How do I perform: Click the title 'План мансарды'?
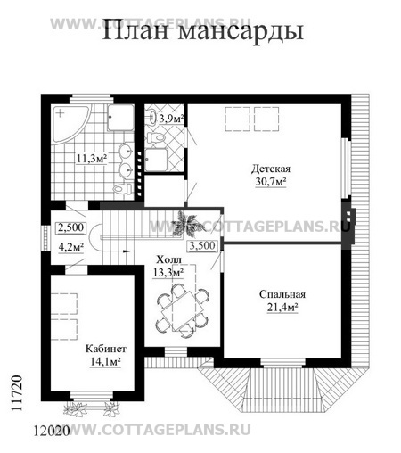(x=203, y=31)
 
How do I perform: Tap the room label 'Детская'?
(x=271, y=169)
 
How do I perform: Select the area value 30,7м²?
(x=271, y=181)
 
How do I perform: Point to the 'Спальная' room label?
(x=282, y=294)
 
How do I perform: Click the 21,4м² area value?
(x=282, y=308)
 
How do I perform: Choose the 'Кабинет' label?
(x=106, y=349)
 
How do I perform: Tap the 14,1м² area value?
(x=105, y=362)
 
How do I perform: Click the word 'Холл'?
(x=168, y=259)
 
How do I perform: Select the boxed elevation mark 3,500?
(x=202, y=246)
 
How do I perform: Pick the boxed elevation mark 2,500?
(x=71, y=227)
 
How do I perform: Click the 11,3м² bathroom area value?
(x=92, y=159)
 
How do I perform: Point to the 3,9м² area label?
(x=171, y=119)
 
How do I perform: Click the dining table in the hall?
(x=183, y=310)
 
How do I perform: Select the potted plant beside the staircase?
(x=188, y=225)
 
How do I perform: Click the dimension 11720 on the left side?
(x=17, y=393)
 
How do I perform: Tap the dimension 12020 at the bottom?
(x=51, y=430)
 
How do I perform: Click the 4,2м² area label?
(x=71, y=247)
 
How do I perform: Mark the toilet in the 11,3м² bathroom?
(x=123, y=188)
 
